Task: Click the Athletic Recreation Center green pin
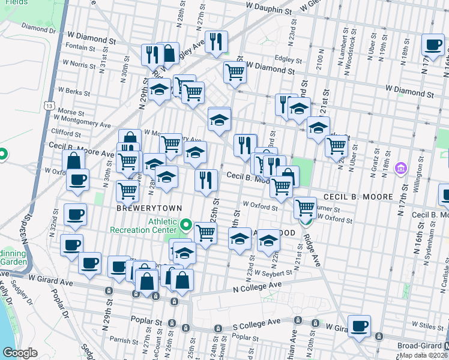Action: (x=186, y=226)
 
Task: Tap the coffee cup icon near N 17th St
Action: (x=432, y=44)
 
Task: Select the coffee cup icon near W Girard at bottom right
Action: (x=359, y=326)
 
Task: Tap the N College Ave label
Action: (x=258, y=287)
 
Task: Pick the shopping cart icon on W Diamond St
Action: (x=235, y=73)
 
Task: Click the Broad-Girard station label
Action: (x=423, y=346)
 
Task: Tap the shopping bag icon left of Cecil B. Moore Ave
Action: (x=73, y=160)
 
